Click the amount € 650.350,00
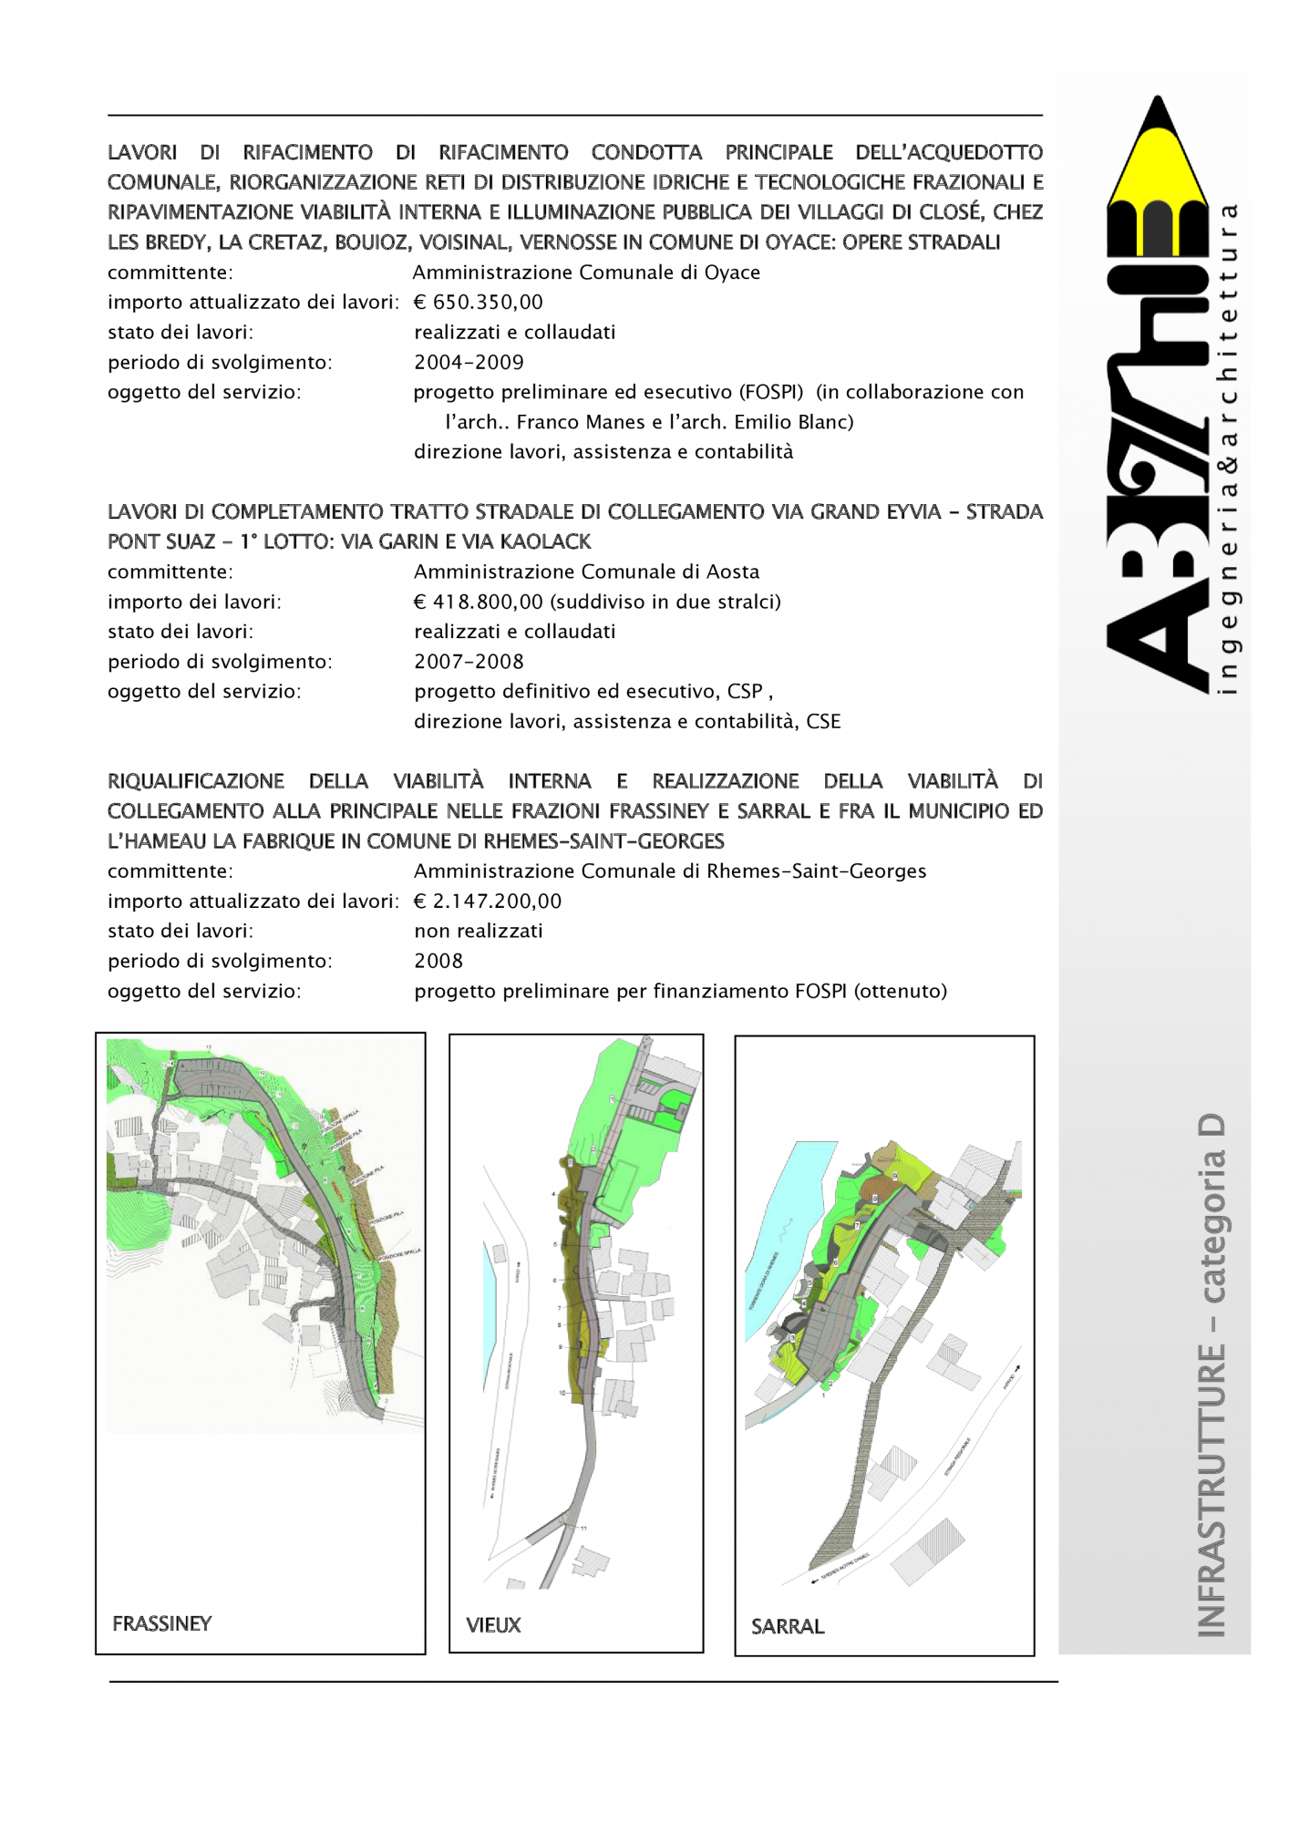[479, 302]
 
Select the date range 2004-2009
[469, 362]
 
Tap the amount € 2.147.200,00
[488, 901]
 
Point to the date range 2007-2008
[469, 661]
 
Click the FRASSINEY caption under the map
[162, 1623]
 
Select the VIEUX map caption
[493, 1625]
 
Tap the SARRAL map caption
[788, 1626]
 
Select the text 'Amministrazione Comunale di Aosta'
[586, 572]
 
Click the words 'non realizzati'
[479, 931]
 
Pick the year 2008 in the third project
[438, 961]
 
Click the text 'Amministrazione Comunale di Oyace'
[586, 273]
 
